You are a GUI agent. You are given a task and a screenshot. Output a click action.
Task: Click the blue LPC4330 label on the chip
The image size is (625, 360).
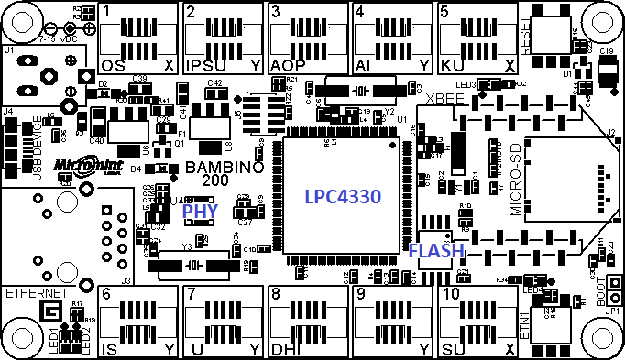pos(342,197)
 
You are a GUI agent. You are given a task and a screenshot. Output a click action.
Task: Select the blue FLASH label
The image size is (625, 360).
pos(436,250)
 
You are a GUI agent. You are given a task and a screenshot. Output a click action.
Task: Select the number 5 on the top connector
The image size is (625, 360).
pos(444,12)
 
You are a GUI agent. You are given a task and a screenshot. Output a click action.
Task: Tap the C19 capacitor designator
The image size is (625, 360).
pos(607,53)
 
